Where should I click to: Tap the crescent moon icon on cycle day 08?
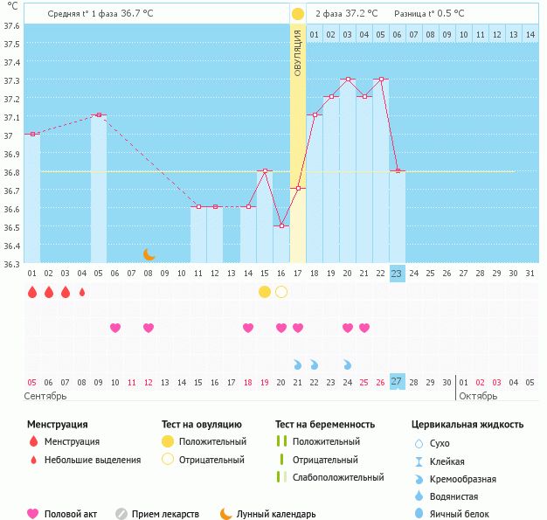point(149,254)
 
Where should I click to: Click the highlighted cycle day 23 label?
point(397,274)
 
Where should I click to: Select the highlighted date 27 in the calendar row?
point(397,382)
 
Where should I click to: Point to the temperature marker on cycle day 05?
point(98,114)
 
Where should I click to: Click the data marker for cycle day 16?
point(281,226)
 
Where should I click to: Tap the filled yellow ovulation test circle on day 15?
point(265,291)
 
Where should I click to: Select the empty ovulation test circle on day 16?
point(281,291)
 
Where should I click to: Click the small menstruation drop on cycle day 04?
point(82,292)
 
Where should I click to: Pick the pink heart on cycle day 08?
point(149,328)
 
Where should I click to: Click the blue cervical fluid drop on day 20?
point(348,364)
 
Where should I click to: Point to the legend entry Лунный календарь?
point(276,515)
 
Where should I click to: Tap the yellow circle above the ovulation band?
point(298,14)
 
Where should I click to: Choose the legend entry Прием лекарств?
point(165,515)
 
